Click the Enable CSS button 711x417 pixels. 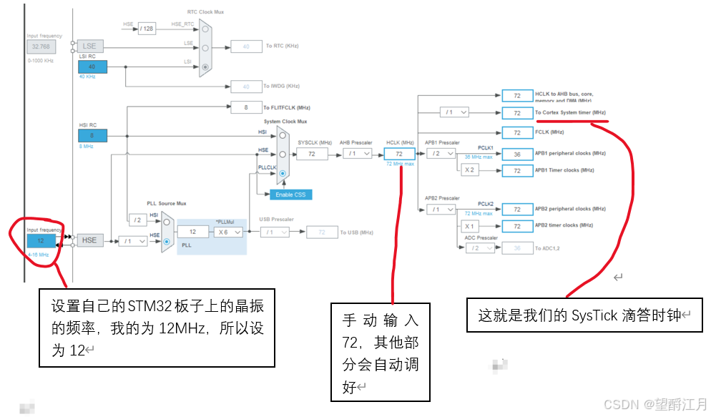click(x=290, y=195)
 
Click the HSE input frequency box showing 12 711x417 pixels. click(x=41, y=241)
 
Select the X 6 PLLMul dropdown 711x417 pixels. click(x=229, y=232)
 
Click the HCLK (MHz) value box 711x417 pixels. click(x=399, y=154)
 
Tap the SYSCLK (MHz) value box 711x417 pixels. click(x=312, y=154)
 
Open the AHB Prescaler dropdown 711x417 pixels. click(x=357, y=154)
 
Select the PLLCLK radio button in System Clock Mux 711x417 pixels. click(x=284, y=174)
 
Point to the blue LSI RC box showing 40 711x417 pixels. click(x=92, y=67)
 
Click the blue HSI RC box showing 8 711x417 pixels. click(x=92, y=135)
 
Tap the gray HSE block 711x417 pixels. click(x=89, y=241)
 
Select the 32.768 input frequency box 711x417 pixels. click(x=41, y=46)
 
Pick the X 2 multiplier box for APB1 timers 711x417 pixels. click(x=469, y=170)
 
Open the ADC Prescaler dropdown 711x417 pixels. click(x=479, y=248)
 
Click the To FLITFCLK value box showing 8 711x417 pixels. click(x=247, y=107)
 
